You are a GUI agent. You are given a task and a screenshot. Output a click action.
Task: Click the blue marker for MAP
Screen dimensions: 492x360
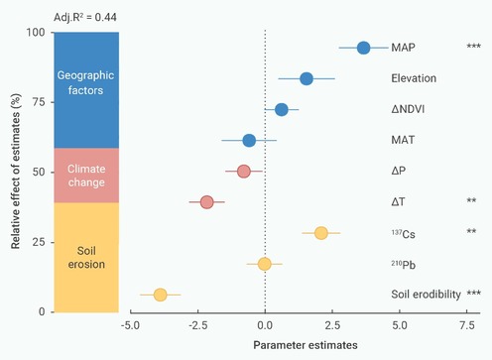point(363,48)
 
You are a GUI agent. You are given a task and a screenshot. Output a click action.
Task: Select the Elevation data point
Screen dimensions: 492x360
point(307,78)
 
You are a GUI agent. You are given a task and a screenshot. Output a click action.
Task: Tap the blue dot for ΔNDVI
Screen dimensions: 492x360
point(282,109)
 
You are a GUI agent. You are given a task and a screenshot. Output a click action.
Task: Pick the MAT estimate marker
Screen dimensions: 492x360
point(249,141)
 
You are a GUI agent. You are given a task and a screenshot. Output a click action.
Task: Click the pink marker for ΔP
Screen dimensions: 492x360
point(244,172)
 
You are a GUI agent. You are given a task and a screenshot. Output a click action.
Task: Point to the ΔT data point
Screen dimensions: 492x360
point(207,202)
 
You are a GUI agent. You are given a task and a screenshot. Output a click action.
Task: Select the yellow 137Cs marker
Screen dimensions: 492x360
point(321,233)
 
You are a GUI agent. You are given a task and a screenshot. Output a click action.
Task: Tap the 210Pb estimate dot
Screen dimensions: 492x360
point(265,264)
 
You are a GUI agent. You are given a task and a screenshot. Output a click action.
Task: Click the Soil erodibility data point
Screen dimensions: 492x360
point(161,295)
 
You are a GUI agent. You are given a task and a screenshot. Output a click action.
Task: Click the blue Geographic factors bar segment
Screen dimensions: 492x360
point(86,90)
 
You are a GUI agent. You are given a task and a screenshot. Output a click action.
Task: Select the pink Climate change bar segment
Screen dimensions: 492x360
point(86,176)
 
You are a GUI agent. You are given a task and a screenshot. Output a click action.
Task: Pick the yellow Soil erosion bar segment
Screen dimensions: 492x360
point(86,258)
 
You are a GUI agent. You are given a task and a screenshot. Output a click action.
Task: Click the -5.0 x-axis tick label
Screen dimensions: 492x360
point(130,325)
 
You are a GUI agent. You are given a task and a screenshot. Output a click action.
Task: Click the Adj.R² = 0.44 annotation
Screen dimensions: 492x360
point(85,17)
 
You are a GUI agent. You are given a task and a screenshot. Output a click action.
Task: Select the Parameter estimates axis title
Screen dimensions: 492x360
point(306,345)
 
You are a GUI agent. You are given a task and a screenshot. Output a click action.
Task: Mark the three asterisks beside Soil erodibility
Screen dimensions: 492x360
point(473,293)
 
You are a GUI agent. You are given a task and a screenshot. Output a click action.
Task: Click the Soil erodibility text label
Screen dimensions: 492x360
point(426,294)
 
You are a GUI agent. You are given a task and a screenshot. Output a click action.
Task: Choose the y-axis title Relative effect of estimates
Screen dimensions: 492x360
point(16,172)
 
